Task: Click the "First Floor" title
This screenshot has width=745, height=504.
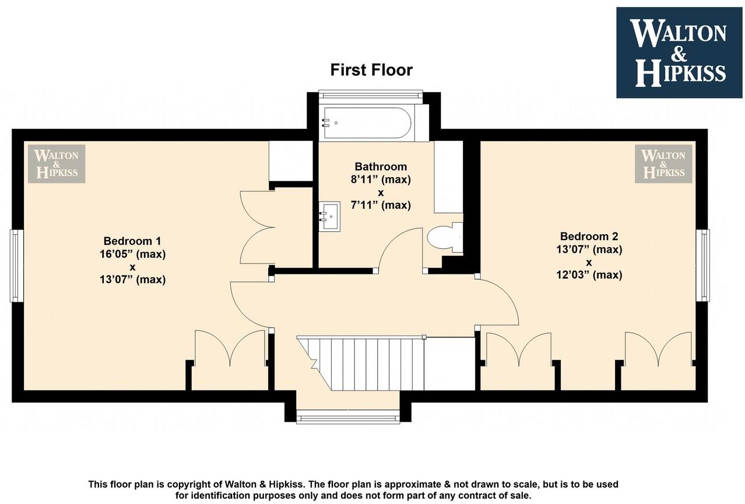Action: tap(371, 70)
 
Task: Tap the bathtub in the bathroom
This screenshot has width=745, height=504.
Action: tap(367, 123)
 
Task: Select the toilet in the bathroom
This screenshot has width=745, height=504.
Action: tap(442, 238)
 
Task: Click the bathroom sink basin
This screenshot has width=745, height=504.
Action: tap(329, 216)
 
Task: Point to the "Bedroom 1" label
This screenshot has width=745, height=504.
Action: tap(132, 241)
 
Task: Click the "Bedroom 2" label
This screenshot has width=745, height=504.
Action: tap(589, 236)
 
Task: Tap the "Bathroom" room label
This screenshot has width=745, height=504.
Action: tap(381, 167)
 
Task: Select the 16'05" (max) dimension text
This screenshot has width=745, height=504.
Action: tap(132, 254)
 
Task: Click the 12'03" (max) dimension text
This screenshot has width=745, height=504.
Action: tap(589, 275)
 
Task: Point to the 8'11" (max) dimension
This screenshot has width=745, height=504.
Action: tap(381, 179)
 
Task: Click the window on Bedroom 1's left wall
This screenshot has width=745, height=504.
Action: tap(17, 266)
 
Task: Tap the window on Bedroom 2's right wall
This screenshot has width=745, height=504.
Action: tap(704, 265)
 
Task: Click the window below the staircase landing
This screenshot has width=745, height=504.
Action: tap(348, 416)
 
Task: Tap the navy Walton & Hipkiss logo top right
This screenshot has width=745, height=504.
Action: tap(680, 52)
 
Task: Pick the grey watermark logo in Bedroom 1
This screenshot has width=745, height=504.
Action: tap(57, 164)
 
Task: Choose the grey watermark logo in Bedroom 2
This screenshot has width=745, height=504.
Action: tap(663, 164)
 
